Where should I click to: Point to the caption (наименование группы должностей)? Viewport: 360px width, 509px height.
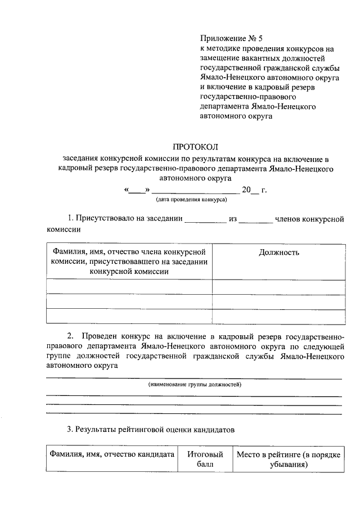coord(195,385)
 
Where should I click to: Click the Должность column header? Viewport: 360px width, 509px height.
coord(278,253)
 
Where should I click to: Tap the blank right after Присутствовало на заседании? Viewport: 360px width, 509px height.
coord(205,219)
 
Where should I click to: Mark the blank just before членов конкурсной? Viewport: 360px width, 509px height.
coord(255,219)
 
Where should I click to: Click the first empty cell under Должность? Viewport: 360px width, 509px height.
coord(278,287)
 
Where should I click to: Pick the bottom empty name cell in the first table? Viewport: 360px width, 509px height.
coord(129,316)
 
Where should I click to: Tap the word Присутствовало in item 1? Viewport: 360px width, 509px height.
coord(103,219)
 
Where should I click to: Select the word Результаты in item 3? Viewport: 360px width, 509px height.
coord(96,430)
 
